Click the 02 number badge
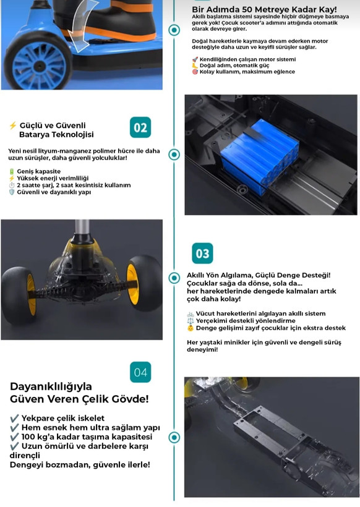click(140, 127)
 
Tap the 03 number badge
click(202, 253)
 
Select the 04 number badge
click(140, 372)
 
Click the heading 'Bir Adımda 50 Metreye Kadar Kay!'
click(264, 9)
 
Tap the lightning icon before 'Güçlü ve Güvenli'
click(12, 126)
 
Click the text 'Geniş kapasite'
click(39, 171)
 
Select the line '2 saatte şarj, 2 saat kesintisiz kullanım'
click(74, 185)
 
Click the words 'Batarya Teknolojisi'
click(56, 135)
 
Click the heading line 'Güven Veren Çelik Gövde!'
click(79, 399)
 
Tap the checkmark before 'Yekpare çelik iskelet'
click(14, 419)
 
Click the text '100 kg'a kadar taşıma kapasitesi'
click(87, 437)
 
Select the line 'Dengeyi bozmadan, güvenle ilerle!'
click(80, 465)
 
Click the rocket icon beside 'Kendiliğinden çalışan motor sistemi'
click(195, 59)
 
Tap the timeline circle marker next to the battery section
click(174, 155)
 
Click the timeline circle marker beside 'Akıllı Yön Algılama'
click(174, 278)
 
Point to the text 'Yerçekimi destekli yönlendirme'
click(246, 321)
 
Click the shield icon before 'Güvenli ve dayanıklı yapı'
click(12, 192)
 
